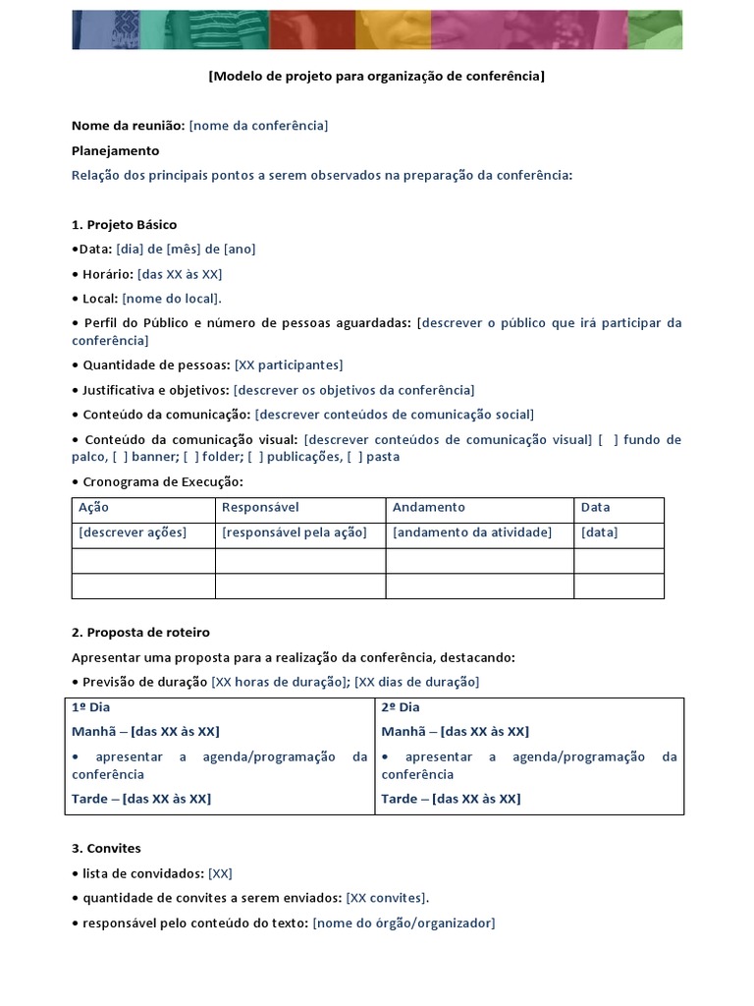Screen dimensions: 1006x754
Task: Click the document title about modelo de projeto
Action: click(377, 76)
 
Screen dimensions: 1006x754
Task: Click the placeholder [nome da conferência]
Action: click(258, 126)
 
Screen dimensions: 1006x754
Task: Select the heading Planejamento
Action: click(115, 150)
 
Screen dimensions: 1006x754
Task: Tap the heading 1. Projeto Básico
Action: click(124, 224)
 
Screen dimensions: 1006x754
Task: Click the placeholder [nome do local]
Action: click(172, 298)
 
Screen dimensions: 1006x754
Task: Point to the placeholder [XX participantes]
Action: click(289, 364)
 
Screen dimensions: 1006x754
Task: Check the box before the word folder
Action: click(188, 457)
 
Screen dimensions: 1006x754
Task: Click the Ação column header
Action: click(93, 508)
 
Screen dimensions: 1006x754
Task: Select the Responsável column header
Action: click(260, 508)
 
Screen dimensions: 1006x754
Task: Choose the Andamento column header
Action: click(429, 508)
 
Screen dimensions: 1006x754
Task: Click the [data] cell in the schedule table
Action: click(599, 532)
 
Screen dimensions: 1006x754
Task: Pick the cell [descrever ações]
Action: click(132, 532)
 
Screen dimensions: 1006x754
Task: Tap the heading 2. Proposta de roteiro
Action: click(140, 632)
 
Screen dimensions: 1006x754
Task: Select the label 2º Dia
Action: click(401, 707)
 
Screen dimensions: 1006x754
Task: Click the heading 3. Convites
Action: click(106, 848)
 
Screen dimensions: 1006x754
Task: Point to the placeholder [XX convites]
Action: click(388, 898)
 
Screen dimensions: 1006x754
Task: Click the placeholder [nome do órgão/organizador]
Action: click(404, 922)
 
